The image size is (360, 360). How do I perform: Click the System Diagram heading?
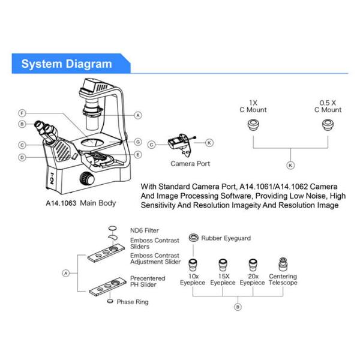coord(66,64)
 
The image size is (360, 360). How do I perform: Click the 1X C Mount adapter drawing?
coord(253,125)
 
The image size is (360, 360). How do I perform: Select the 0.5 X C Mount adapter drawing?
coord(328,125)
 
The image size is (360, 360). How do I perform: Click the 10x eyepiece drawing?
coord(193,265)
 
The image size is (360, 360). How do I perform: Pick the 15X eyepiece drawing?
coord(223,265)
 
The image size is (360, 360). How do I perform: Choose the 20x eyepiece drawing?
coord(253,265)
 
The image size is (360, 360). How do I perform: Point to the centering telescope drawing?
coord(283,265)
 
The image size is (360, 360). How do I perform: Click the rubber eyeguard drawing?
coord(193,238)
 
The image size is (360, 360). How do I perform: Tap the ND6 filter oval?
coord(111,229)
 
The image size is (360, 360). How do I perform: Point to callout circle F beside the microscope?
coord(22,113)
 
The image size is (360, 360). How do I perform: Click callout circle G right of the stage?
coord(137,142)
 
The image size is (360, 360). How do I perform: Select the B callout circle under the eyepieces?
coord(238,307)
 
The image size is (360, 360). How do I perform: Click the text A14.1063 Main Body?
coord(81,203)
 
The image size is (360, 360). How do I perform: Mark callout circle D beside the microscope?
coord(22,157)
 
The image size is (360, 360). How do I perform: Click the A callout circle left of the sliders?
coord(66,272)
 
